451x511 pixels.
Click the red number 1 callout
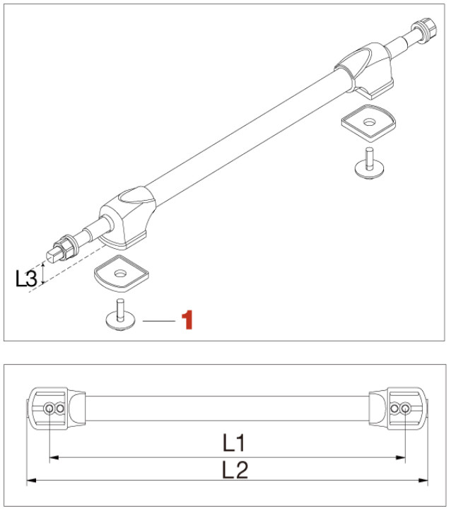pyautogui.click(x=187, y=320)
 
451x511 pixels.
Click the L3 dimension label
pyautogui.click(x=26, y=278)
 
